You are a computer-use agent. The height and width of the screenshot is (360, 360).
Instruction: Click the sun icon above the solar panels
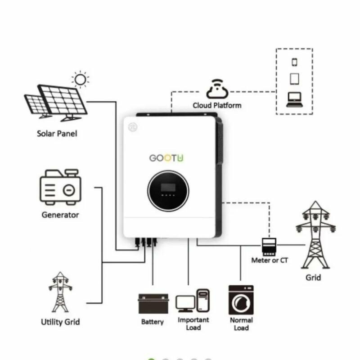81,80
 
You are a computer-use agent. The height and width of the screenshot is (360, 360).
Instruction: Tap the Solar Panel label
57,134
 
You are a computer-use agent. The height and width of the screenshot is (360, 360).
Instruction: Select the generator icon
60,187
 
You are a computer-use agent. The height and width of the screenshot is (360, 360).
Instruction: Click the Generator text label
60,215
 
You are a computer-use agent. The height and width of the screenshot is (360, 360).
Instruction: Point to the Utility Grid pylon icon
60,292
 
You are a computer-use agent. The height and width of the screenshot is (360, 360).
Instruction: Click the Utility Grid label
60,322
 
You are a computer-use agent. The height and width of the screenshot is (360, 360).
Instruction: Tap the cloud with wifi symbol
217,89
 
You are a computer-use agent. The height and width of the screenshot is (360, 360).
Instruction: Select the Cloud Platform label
217,105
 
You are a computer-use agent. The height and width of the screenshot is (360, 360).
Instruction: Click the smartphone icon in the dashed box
294,62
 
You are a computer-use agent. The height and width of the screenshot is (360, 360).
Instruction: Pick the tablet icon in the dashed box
294,79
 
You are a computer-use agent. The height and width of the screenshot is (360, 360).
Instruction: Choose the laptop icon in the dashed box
294,99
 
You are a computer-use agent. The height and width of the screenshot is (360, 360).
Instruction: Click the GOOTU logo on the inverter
166,158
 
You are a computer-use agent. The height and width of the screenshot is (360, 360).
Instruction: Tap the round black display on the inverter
168,190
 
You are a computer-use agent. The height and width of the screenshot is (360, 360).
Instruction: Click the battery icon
153,303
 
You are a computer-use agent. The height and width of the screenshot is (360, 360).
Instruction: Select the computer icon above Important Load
193,301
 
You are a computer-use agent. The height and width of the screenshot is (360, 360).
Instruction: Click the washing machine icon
241,300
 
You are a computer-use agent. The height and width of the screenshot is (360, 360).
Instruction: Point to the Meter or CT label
270,261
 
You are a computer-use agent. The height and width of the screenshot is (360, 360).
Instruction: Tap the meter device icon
269,247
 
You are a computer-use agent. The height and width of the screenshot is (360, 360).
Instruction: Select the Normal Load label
241,324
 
